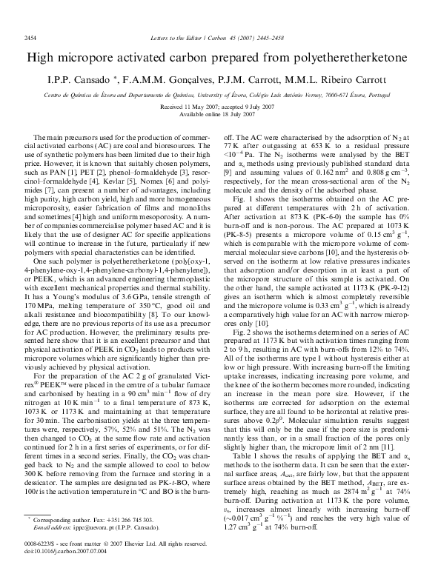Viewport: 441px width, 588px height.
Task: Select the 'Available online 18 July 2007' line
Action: (x=220, y=113)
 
